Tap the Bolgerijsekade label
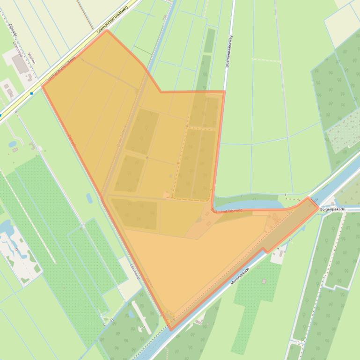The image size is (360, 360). coord(332,209)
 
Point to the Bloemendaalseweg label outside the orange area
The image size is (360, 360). coord(229,51)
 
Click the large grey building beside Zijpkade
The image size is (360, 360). coord(20,65)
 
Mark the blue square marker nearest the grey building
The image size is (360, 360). coord(31,94)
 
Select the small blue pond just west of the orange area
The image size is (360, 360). coord(89,198)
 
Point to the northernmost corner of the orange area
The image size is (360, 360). coord(107,30)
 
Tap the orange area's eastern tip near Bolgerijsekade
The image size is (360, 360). coord(318,207)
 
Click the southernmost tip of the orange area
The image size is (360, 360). coord(170,330)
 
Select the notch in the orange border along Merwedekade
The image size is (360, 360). coord(265,252)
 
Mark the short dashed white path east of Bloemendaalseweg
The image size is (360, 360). coord(266,60)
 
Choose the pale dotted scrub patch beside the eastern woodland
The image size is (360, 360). coord(343,136)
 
